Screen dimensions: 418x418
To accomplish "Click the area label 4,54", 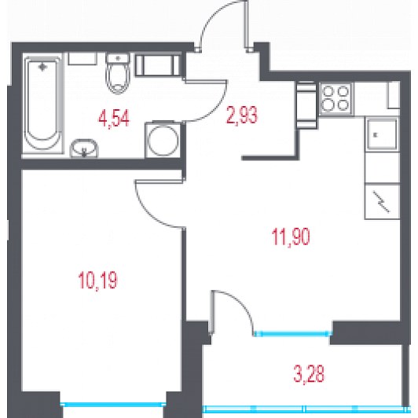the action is (114, 119).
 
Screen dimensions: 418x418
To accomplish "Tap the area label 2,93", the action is (242, 115).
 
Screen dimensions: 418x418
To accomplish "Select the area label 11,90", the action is (291, 237).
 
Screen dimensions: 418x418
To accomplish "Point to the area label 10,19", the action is (98, 280).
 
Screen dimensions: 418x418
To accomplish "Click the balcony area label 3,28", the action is (309, 374).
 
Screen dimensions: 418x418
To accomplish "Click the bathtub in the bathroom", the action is (42, 104).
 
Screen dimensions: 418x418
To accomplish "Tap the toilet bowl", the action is (118, 78).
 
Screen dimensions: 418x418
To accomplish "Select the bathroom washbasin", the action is (84, 148).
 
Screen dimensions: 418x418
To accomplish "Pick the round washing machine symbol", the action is (163, 140).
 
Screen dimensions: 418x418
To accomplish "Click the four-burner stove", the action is (336, 99).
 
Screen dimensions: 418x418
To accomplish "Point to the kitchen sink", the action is (382, 134).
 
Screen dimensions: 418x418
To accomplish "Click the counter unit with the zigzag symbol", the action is (382, 201).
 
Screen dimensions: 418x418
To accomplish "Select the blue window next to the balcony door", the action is (293, 333).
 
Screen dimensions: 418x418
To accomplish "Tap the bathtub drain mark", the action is (42, 67).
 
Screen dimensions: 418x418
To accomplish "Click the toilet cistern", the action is (118, 58).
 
